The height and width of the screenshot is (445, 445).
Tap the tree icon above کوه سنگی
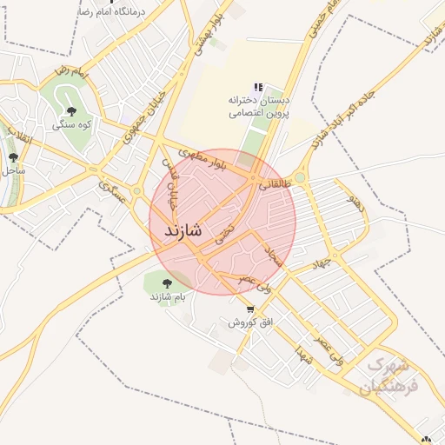coord(71,110)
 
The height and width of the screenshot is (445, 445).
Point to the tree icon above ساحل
coord(13,157)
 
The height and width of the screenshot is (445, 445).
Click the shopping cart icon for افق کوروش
coord(250,309)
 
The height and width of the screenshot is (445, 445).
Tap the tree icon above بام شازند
coord(167,282)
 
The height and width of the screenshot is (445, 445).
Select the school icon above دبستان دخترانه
coord(257,88)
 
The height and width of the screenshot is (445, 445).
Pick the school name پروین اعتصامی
coord(259,112)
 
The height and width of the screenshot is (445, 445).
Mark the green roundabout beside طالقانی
coord(299,177)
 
